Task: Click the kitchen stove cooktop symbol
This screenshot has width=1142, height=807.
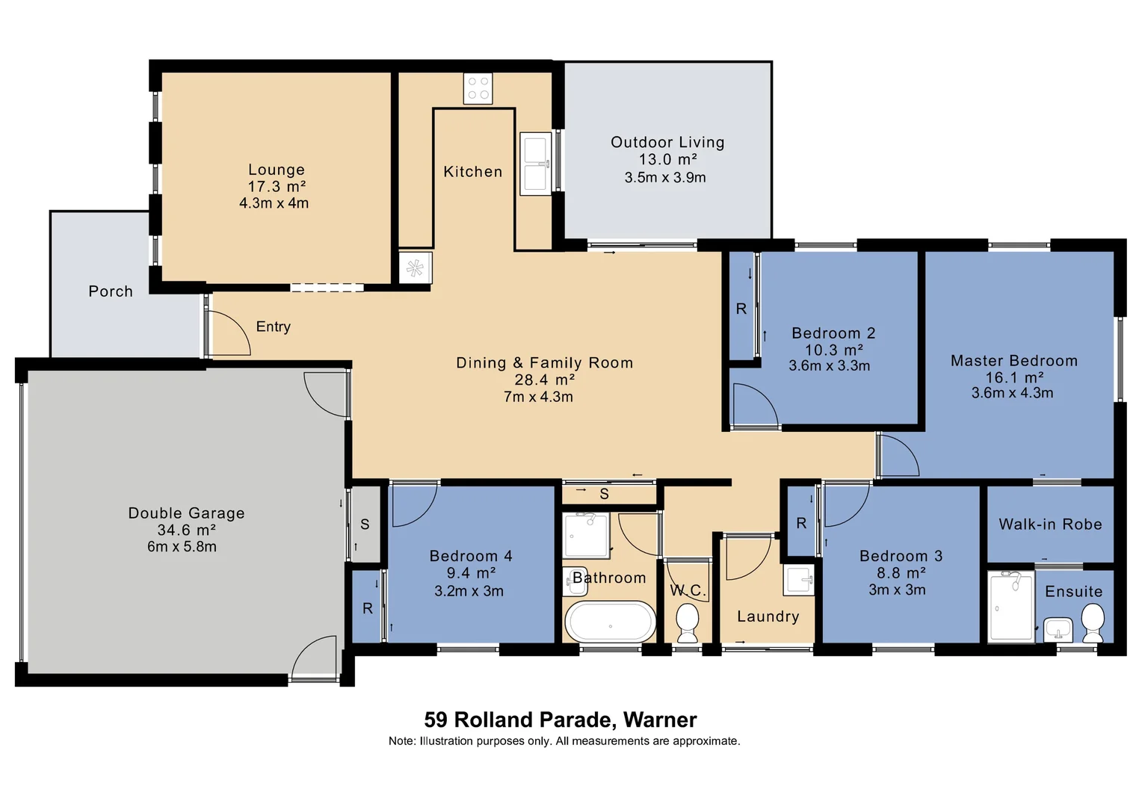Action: (x=478, y=88)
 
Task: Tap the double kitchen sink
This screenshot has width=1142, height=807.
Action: (x=535, y=164)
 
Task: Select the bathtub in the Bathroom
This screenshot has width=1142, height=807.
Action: (x=610, y=622)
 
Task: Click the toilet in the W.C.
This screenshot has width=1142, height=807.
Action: (x=687, y=622)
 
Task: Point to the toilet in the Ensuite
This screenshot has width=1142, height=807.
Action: (x=1093, y=622)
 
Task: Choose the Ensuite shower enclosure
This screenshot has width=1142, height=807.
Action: (x=1011, y=606)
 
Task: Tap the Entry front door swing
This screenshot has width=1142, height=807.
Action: (x=229, y=333)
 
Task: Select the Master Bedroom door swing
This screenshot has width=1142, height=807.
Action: (x=898, y=455)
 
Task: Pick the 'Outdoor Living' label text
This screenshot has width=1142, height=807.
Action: (x=667, y=142)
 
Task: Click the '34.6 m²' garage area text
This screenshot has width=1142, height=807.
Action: (x=186, y=530)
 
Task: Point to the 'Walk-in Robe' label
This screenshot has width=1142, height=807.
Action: (x=1050, y=524)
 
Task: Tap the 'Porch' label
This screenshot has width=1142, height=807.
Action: (x=111, y=291)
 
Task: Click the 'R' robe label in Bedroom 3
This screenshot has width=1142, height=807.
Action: (x=801, y=523)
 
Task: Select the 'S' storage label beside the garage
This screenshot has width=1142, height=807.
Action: (x=365, y=524)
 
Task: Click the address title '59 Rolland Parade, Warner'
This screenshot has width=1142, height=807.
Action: (x=561, y=720)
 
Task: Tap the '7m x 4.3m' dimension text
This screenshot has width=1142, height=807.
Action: (x=538, y=397)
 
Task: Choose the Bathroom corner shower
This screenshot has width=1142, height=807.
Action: (x=587, y=535)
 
